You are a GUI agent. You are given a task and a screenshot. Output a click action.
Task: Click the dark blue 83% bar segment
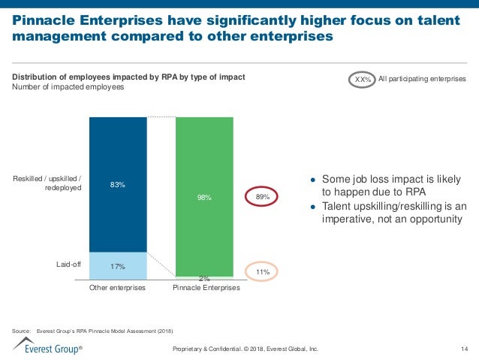[x=118, y=184]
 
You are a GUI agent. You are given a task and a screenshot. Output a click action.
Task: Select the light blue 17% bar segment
[x=118, y=265]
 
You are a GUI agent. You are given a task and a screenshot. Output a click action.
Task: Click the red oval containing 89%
[x=263, y=197]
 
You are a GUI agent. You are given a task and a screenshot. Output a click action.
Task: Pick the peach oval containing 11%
[x=263, y=271]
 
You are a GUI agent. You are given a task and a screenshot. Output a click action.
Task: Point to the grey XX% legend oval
[x=363, y=79]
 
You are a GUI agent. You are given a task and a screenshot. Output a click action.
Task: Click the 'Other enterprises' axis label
[x=117, y=288]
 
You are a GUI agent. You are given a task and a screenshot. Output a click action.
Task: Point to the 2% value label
[x=204, y=280]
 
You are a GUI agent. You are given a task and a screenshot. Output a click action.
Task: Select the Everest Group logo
[x=45, y=347]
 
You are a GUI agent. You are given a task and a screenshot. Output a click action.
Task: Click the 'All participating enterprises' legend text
[x=422, y=79]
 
